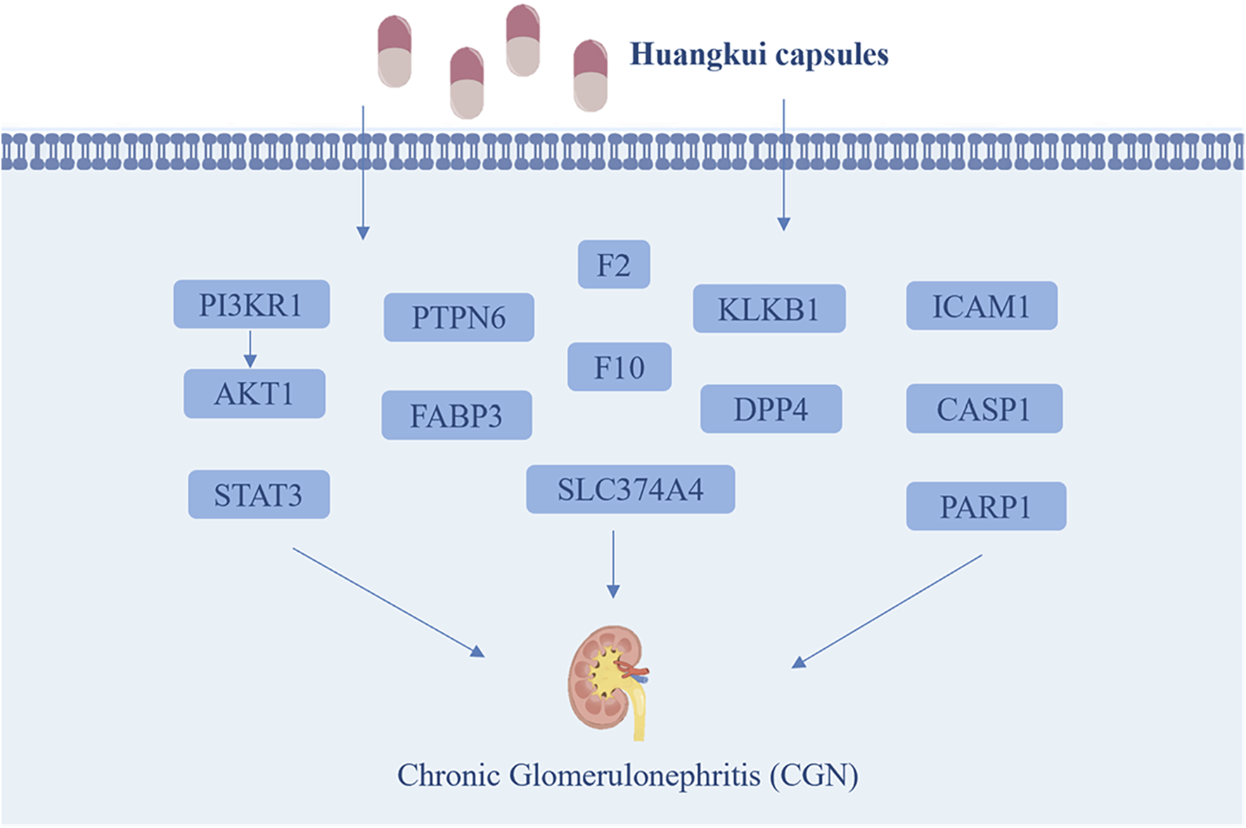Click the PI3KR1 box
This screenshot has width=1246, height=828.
251,304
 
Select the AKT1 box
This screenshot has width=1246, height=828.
254,394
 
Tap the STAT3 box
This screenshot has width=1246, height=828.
258,495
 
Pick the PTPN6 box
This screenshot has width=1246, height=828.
458,317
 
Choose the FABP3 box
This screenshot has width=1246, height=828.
456,415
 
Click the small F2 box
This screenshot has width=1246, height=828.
613,265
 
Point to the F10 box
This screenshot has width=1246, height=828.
619,367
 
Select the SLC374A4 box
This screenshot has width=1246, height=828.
630,489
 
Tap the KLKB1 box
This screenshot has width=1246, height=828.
769,309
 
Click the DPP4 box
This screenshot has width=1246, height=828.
771,408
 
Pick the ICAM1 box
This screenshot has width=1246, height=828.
981,306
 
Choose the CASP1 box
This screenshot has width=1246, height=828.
984,408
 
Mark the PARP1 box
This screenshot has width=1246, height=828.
986,506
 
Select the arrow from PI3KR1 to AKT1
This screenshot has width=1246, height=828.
250,349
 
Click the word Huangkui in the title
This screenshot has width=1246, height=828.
698,55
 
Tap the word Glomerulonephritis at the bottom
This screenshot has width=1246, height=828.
634,775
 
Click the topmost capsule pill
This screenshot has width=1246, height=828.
522,39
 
